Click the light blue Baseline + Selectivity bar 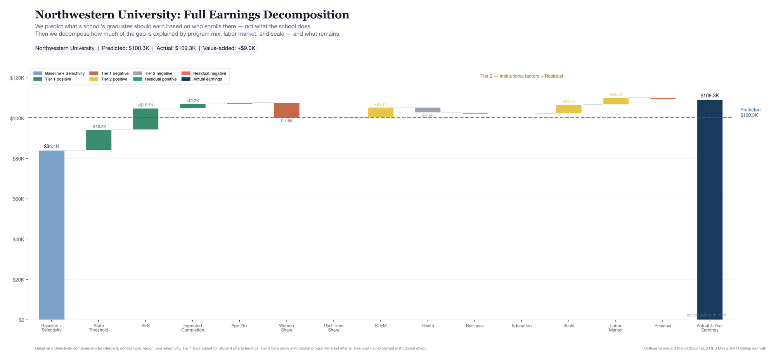pyautogui.click(x=52, y=235)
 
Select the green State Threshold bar pyautogui.click(x=99, y=140)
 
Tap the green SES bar pyautogui.click(x=145, y=119)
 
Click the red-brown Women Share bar pyautogui.click(x=287, y=110)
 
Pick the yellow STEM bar pyautogui.click(x=381, y=112)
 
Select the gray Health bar pyautogui.click(x=428, y=110)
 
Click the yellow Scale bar pyautogui.click(x=569, y=109)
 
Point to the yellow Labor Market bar pyautogui.click(x=616, y=101)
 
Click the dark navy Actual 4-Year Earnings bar pyautogui.click(x=710, y=209)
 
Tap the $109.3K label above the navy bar pyautogui.click(x=710, y=95)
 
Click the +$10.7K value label pyautogui.click(x=145, y=105)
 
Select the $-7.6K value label pyautogui.click(x=287, y=121)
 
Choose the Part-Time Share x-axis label pyautogui.click(x=334, y=328)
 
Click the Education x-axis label pyautogui.click(x=521, y=326)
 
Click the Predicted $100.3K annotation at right pyautogui.click(x=750, y=112)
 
